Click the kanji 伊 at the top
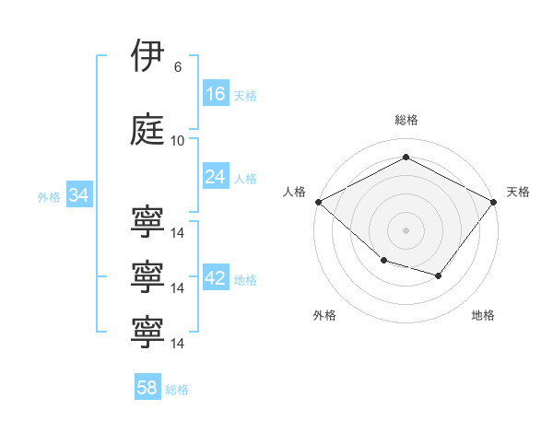point(147,55)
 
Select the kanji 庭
point(147,129)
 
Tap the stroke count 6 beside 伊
point(178,67)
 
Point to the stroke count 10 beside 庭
point(177,141)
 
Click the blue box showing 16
point(216,93)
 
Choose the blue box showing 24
point(216,176)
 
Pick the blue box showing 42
point(216,276)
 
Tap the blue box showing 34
point(79,194)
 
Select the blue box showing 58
point(147,386)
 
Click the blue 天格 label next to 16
point(245,96)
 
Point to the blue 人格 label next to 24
point(245,179)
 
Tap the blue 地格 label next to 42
point(245,280)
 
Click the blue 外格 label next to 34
point(49,197)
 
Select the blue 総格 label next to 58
point(177,390)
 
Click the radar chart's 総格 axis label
point(406,120)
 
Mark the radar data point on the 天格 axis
point(494,202)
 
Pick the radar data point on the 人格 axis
point(319,202)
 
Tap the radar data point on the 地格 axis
point(439,275)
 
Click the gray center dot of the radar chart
point(406,230)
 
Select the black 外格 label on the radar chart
point(324,315)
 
